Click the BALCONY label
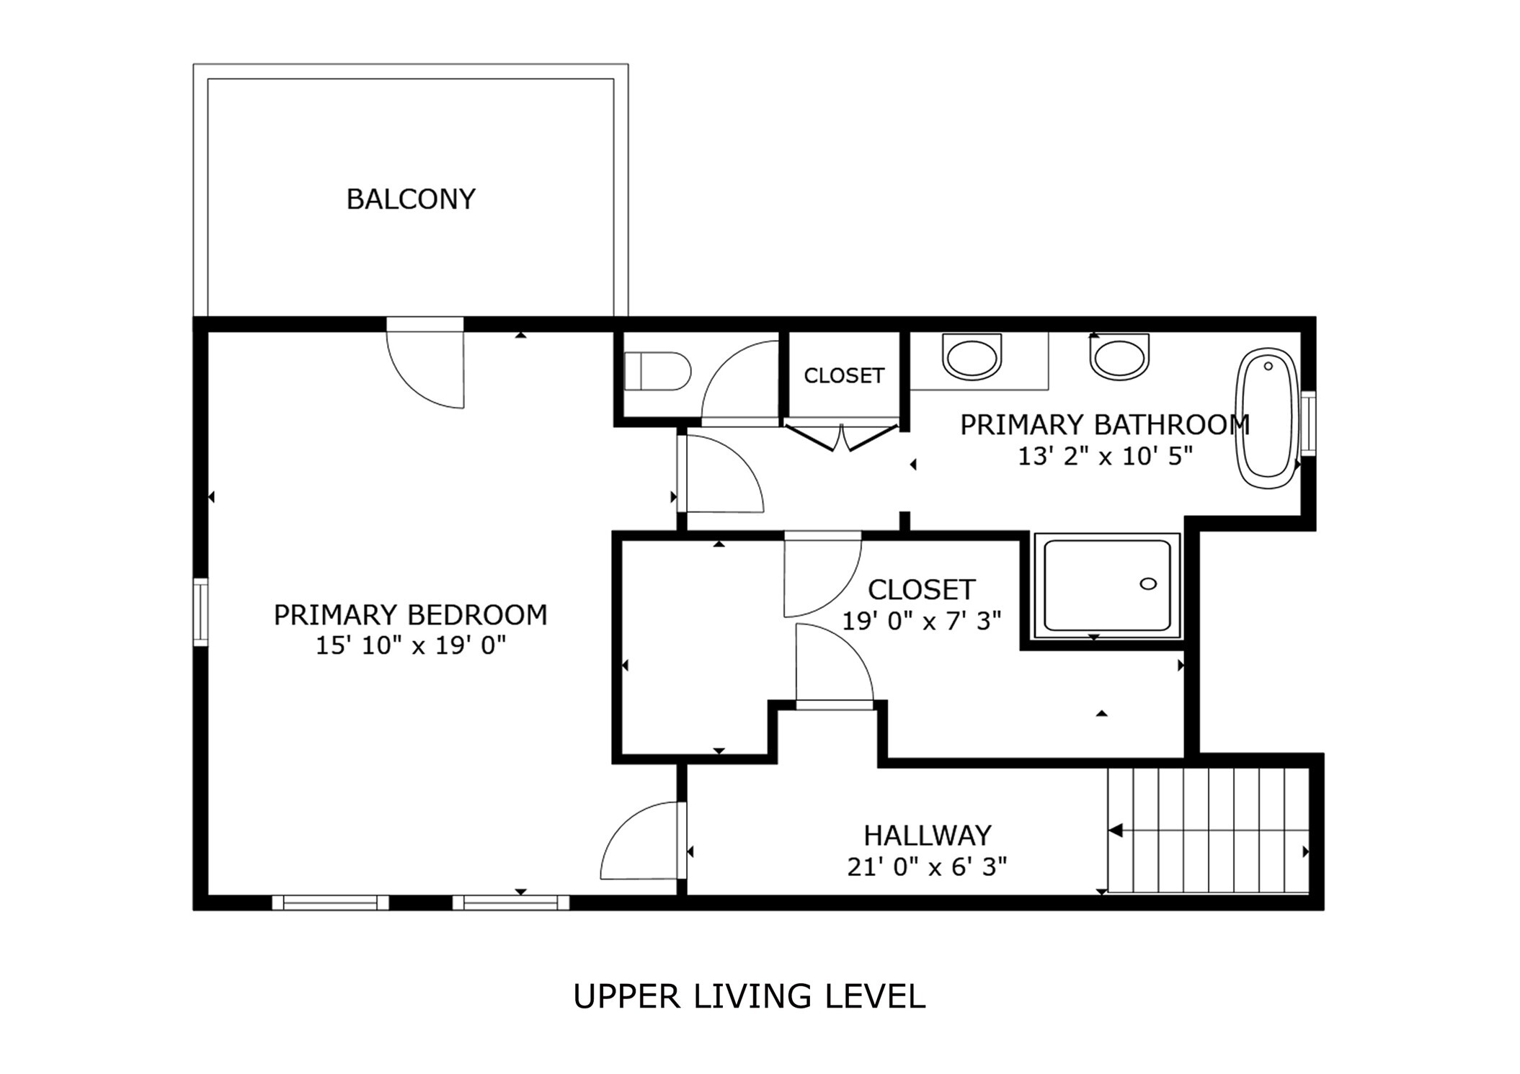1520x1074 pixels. [411, 200]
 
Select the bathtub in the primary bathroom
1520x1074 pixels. [1268, 418]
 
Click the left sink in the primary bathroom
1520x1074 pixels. [972, 357]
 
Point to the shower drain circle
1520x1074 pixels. [1148, 583]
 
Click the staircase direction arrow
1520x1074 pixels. [1116, 831]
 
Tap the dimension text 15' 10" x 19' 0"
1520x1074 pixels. [411, 645]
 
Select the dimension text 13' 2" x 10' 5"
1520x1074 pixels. [1105, 456]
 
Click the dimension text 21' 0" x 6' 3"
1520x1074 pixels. [927, 867]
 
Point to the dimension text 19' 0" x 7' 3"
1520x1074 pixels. [922, 620]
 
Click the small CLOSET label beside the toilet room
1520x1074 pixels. [844, 375]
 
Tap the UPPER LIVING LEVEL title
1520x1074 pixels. [749, 997]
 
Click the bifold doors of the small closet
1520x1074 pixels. [841, 437]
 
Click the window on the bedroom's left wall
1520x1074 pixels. [201, 612]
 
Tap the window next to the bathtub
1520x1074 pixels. [1307, 423]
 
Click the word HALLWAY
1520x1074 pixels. [927, 836]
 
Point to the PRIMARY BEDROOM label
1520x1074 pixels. [411, 615]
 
